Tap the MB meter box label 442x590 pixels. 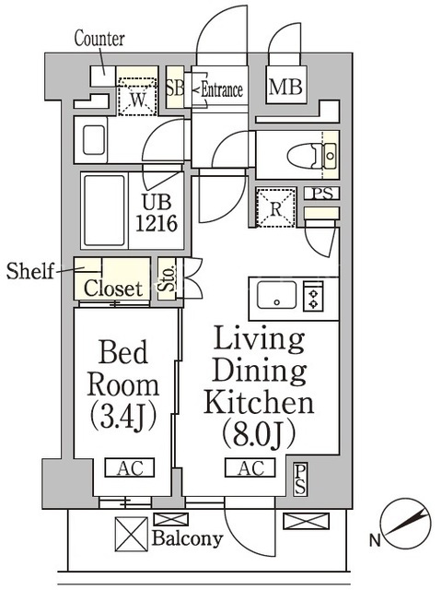click(x=285, y=86)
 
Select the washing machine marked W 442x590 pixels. click(x=137, y=96)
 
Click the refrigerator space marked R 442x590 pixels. click(x=276, y=208)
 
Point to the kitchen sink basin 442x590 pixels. click(x=276, y=295)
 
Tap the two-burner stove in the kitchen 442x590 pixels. click(x=313, y=296)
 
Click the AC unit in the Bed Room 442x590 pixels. click(x=130, y=468)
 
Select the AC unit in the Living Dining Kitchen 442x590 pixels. click(x=250, y=468)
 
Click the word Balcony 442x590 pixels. click(x=187, y=538)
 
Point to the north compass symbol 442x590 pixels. click(x=407, y=524)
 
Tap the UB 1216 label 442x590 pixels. click(x=157, y=213)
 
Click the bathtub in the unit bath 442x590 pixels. click(x=104, y=210)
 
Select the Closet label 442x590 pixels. click(x=113, y=289)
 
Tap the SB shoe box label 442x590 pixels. click(x=175, y=88)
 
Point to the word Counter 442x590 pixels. click(x=99, y=39)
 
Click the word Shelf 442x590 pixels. click(x=30, y=270)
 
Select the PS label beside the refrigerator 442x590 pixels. click(x=322, y=194)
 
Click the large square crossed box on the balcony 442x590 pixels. click(x=132, y=535)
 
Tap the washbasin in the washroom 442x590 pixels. click(x=94, y=140)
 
